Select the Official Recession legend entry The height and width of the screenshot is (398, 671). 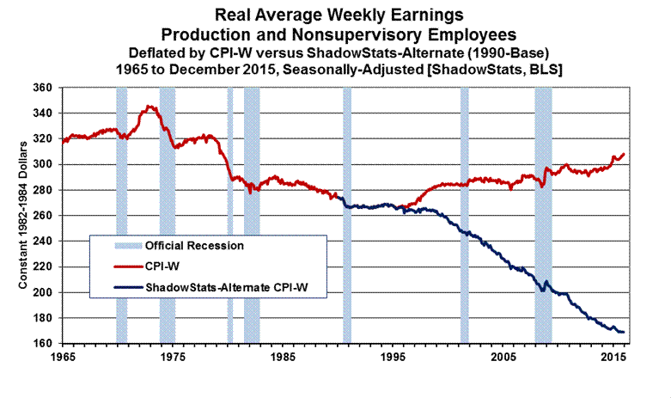coord(194,245)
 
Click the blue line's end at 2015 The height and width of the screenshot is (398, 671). coord(623,332)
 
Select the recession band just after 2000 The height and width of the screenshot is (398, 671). coord(464,215)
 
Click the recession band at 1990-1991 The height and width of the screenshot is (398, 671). coord(347,215)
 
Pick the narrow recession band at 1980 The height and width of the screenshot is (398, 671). coord(229,215)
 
